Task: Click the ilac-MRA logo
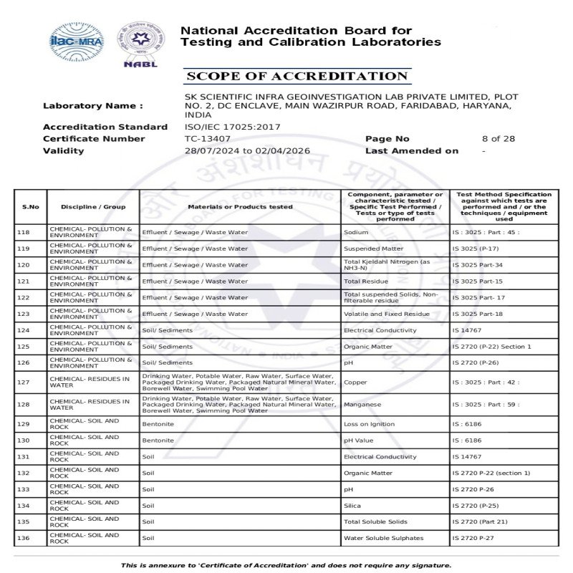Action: pos(76,42)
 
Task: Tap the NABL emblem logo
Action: pos(140,43)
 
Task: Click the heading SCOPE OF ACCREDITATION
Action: pos(296,77)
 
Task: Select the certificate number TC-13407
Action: pos(208,139)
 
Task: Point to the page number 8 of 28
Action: pos(499,139)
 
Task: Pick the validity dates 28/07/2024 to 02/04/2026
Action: pos(247,151)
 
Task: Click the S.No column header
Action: pos(30,207)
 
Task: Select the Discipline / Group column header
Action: pos(93,207)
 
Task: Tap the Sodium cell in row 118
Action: pos(356,232)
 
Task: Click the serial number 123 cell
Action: pos(30,314)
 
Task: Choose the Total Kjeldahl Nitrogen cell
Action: pos(387,265)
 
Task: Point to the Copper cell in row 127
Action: pos(355,382)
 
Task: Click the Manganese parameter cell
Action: pos(361,404)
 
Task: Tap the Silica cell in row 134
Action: pos(352,506)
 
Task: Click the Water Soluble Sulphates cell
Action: pos(383,538)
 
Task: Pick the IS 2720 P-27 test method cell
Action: pos(473,538)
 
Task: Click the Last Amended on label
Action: pos(412,151)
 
